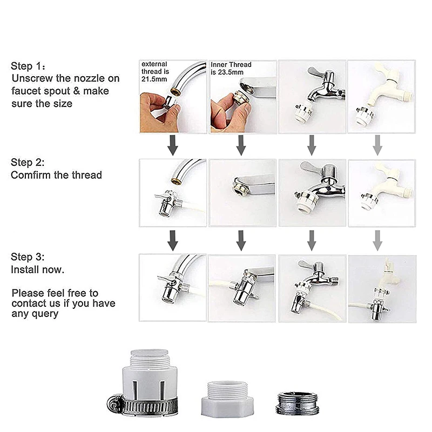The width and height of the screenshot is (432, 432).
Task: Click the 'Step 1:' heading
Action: click(25, 66)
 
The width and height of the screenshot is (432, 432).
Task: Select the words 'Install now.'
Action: click(37, 269)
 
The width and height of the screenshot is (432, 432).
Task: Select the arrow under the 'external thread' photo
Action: click(173, 145)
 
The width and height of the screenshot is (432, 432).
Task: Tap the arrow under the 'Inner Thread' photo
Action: click(241, 145)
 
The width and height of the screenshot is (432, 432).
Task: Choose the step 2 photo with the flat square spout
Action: click(242, 192)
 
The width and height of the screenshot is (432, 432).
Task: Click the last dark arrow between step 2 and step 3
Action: click(312, 240)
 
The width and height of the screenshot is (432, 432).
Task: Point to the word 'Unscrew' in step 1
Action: click(31, 79)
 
